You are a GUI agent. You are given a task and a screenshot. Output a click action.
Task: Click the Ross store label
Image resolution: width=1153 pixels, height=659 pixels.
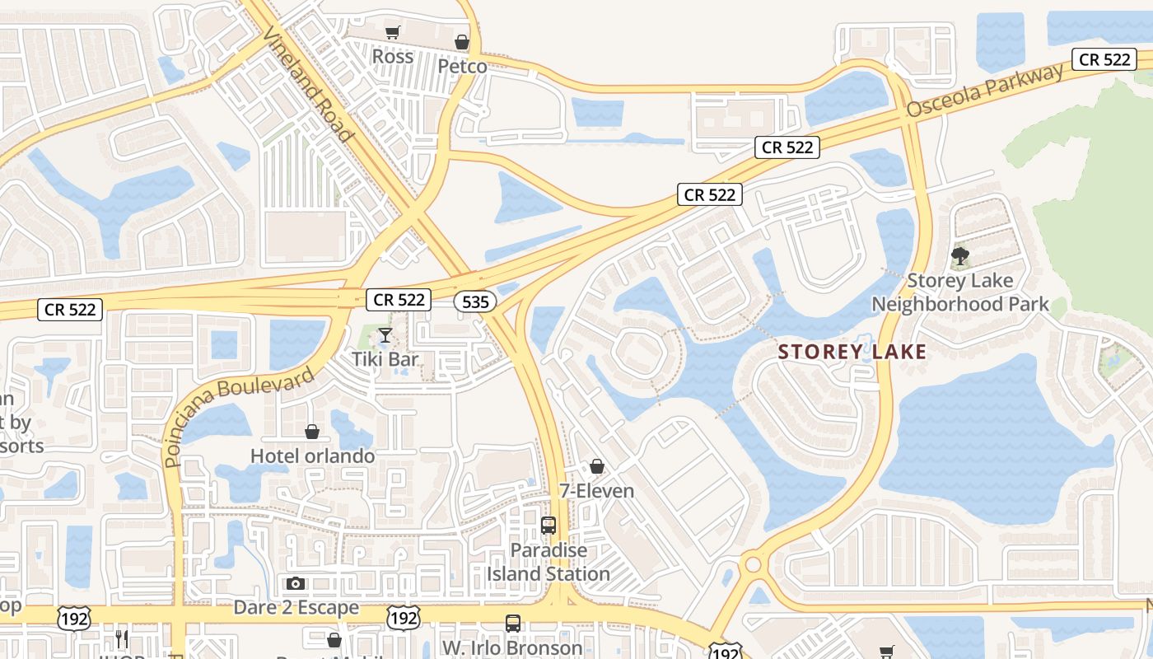point(393,56)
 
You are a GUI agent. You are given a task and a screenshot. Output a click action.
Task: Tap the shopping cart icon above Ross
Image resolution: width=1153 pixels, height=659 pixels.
point(393,32)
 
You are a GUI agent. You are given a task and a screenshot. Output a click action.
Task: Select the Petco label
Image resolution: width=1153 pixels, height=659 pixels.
point(462,66)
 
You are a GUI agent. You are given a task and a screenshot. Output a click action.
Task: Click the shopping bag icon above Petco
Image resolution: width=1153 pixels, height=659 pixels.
point(462,41)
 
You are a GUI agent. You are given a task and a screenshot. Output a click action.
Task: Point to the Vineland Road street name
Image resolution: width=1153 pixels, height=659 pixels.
point(309,84)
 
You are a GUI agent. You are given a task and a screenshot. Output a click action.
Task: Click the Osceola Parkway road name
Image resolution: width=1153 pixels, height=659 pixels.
point(985,91)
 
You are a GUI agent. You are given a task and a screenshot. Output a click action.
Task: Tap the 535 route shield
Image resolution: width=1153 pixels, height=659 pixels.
point(475,301)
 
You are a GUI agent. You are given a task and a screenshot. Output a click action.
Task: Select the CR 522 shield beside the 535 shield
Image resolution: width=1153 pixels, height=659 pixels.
point(399,300)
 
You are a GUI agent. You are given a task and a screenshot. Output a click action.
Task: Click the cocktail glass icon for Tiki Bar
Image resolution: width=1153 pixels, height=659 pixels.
point(385,334)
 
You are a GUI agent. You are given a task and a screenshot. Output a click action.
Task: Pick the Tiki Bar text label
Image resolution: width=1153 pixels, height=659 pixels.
point(385,359)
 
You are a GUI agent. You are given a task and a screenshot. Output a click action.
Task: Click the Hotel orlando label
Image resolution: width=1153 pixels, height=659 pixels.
point(312,456)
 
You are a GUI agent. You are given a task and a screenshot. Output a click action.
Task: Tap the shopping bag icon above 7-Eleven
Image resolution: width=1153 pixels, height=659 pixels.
point(597,467)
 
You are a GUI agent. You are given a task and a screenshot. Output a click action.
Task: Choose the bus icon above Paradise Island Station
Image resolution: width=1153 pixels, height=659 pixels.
point(548,526)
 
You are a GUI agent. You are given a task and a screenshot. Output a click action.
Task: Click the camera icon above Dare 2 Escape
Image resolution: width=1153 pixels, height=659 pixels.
point(296,584)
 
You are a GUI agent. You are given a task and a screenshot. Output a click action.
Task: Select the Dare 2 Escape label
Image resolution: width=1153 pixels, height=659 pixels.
point(296,608)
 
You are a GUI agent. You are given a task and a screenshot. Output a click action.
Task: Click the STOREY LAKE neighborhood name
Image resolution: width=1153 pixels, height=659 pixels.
point(852,352)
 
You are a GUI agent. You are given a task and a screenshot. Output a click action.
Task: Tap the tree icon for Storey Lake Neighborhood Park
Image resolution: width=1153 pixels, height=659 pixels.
point(959,256)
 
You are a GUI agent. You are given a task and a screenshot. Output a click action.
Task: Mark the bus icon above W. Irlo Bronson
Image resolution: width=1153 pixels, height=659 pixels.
point(512,624)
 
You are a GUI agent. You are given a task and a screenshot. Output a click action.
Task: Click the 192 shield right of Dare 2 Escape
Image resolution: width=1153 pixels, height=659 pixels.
point(404,618)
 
